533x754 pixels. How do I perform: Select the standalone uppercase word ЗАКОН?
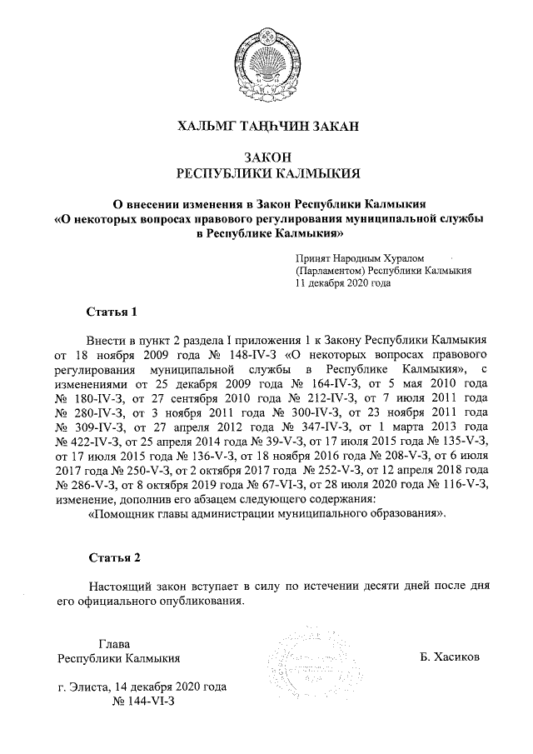[266, 157]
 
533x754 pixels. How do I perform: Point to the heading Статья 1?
[111, 312]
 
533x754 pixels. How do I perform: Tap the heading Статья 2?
[111, 557]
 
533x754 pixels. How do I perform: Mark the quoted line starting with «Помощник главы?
[267, 514]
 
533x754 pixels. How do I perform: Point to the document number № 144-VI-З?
[140, 704]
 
